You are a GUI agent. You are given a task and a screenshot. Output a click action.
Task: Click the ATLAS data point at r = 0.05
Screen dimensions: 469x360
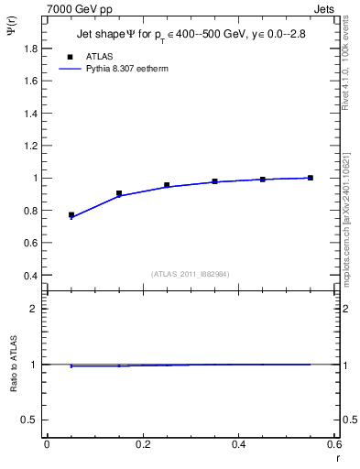pos(71,214)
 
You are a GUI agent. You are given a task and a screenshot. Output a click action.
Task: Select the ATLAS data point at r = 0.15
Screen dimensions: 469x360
pos(119,193)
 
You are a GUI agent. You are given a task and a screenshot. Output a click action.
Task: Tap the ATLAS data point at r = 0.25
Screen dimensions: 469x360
pos(167,185)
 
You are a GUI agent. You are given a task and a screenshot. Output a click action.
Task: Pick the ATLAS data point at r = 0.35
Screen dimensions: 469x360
pos(215,181)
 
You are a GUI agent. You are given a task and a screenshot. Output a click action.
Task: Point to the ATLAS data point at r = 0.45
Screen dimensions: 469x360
pos(263,180)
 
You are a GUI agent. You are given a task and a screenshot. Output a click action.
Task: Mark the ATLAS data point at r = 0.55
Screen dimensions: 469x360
pos(311,178)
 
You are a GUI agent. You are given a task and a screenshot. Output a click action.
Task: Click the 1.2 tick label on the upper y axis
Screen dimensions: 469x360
pos(29,145)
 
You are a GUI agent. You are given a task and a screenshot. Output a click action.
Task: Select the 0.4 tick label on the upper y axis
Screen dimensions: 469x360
pos(29,275)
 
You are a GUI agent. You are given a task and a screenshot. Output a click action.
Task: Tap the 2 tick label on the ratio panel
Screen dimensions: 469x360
pos(34,309)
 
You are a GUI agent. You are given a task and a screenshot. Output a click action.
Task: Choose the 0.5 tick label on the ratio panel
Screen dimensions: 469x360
pos(29,420)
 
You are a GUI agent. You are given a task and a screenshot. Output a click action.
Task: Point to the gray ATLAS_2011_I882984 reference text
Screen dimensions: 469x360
pos(191,273)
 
